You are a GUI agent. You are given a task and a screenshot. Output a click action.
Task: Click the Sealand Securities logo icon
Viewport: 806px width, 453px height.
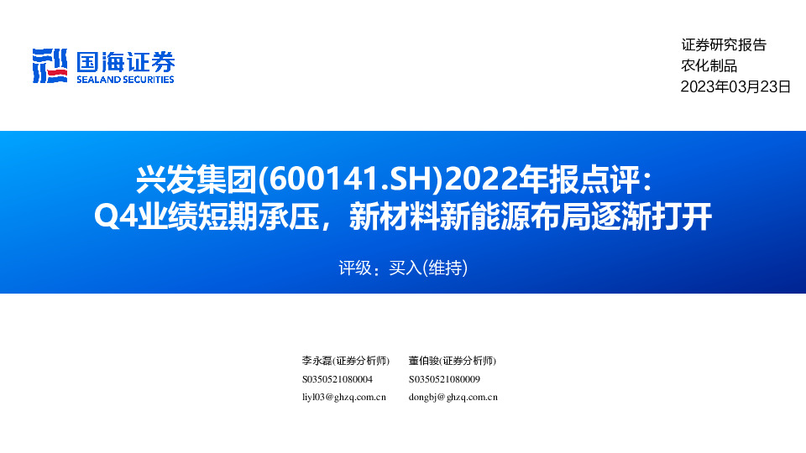[50, 65]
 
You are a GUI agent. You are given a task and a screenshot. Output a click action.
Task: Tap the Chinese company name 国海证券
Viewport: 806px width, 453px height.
[125, 61]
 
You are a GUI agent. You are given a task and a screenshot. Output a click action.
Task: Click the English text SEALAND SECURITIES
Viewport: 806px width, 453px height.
[125, 80]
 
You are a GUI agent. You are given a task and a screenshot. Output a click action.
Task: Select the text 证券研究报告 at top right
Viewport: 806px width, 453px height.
[724, 45]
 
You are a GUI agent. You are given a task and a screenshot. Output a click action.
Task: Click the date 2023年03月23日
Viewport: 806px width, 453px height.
[735, 86]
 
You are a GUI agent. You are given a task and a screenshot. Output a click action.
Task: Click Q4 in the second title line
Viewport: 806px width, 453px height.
[110, 219]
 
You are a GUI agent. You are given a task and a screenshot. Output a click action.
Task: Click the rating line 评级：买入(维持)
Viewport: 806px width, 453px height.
[402, 269]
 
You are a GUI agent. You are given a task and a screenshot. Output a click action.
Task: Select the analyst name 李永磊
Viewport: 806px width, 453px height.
[317, 361]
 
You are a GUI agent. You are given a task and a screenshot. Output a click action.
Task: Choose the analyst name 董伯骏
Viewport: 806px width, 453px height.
[424, 361]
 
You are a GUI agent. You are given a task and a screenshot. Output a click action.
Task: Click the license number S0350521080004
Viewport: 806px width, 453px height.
[337, 379]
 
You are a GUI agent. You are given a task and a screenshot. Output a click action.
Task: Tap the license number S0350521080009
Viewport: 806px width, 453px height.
[444, 379]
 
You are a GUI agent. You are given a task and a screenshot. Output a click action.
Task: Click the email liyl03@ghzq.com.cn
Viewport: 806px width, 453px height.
[343, 397]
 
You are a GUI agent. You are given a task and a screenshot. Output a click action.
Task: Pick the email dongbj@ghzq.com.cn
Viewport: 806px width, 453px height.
[453, 397]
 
